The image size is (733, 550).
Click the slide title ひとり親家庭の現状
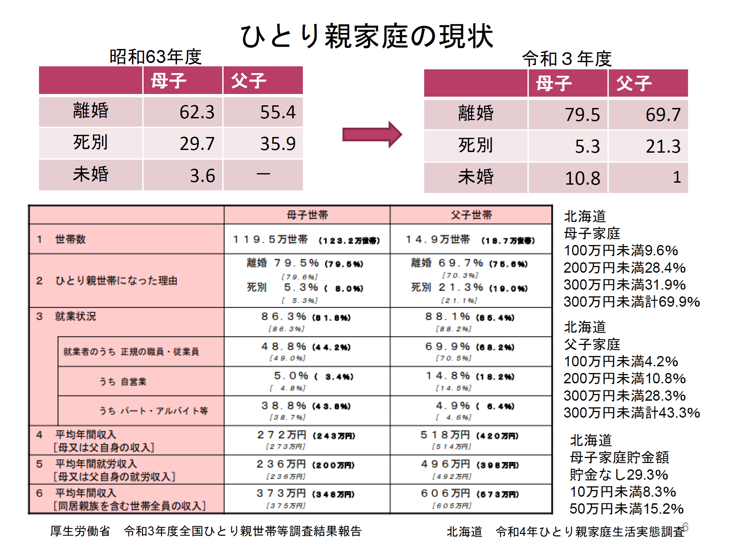tap(366, 36)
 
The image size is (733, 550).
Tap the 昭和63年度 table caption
tap(155, 57)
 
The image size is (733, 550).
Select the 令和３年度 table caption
tap(566, 59)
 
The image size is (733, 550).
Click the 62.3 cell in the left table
tap(197, 112)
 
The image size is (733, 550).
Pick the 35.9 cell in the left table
tap(278, 144)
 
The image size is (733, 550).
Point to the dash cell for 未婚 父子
tap(263, 174)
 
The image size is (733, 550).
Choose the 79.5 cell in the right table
tap(582, 115)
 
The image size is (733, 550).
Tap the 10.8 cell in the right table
tap(582, 178)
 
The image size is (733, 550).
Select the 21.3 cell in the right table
tap(663, 146)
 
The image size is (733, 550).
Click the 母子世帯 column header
tap(307, 215)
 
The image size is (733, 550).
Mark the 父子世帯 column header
tap(471, 215)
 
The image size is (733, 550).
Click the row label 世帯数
tap(70, 239)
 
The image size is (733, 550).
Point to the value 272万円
tap(282, 435)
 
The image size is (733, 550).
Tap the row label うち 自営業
tap(123, 381)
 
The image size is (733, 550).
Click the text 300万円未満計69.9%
tap(631, 302)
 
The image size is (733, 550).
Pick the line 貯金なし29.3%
tap(619, 475)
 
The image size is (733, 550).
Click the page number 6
tap(685, 527)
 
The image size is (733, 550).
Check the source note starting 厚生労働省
tap(206, 531)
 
